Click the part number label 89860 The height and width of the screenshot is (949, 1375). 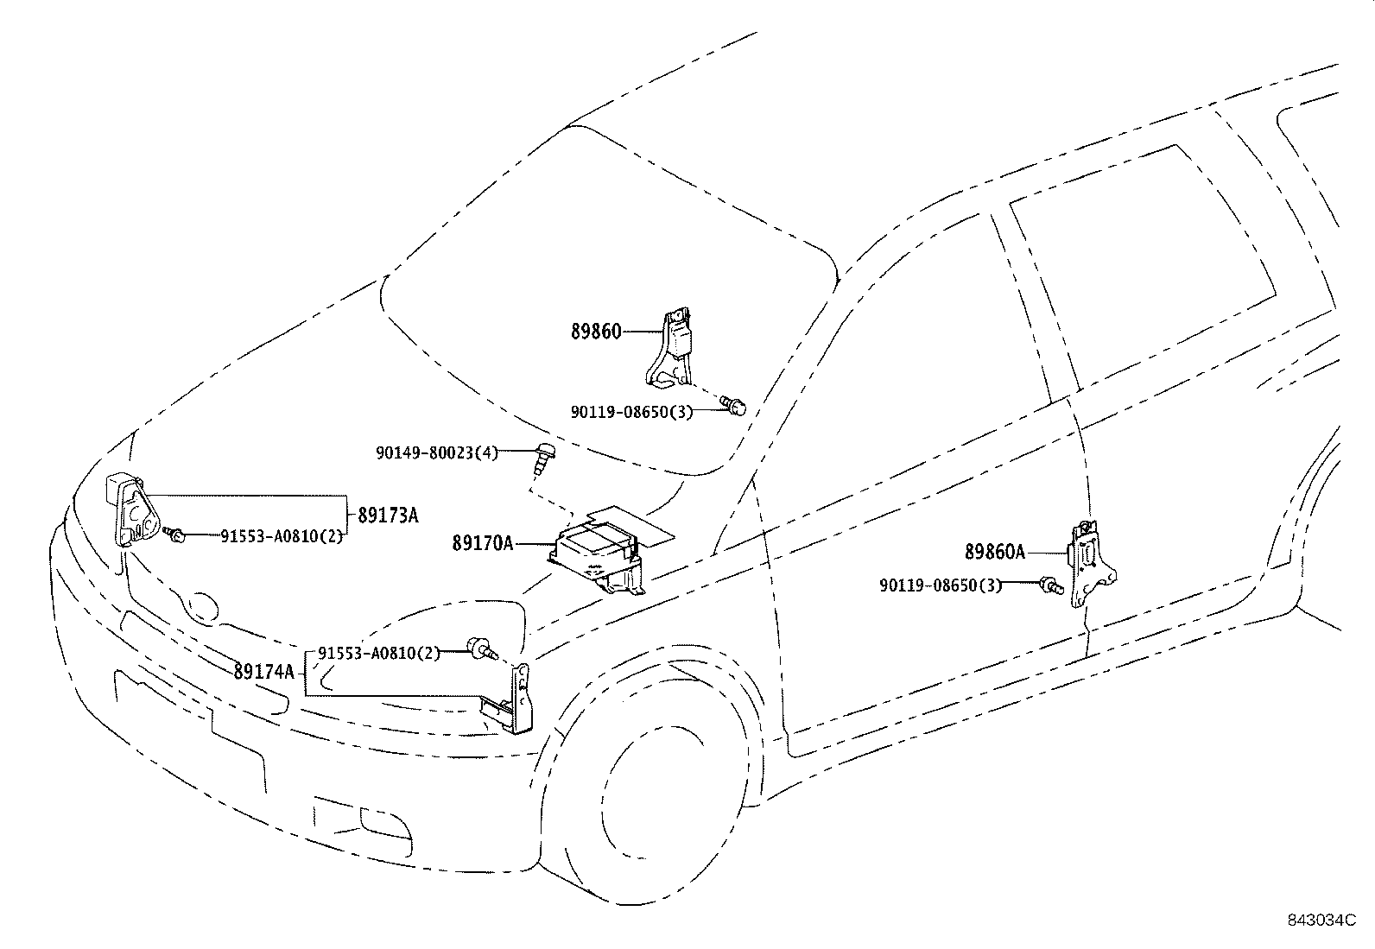[596, 332]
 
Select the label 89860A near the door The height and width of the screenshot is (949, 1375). [995, 552]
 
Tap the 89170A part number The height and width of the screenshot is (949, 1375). [483, 543]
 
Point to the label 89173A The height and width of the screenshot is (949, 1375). [388, 515]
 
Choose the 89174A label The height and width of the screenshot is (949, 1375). [264, 672]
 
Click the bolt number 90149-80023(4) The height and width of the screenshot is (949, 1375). [437, 453]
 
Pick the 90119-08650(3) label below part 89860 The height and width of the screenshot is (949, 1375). [631, 412]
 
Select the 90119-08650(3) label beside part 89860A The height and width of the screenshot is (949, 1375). [941, 585]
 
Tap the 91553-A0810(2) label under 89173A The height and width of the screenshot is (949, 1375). [282, 536]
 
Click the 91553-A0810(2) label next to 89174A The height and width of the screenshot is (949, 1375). [379, 653]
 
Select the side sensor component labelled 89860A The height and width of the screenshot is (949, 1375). [1092, 564]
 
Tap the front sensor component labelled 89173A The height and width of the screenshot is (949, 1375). [133, 509]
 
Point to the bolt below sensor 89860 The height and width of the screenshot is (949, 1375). [735, 404]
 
